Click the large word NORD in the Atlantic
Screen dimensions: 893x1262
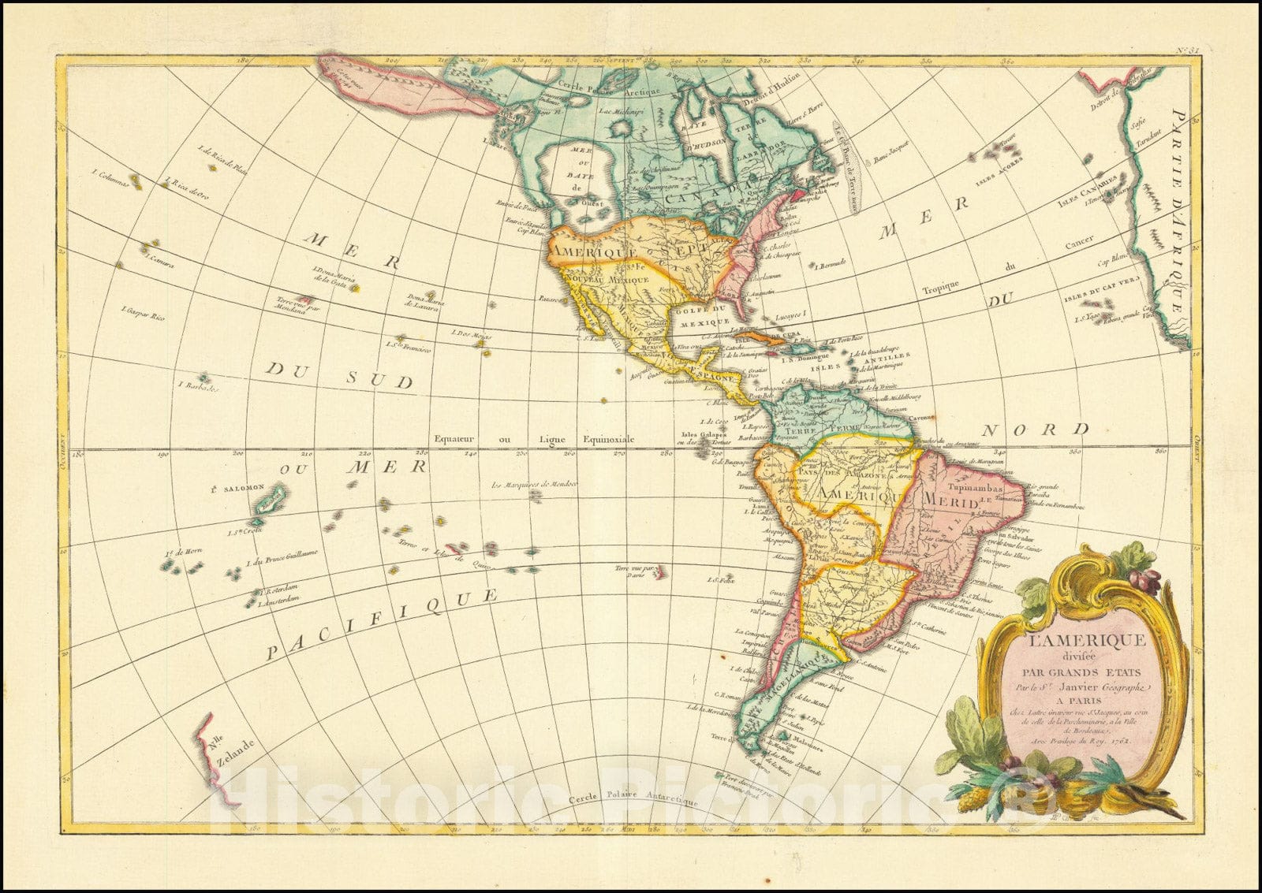[1034, 430]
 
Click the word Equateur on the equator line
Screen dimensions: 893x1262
[454, 438]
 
